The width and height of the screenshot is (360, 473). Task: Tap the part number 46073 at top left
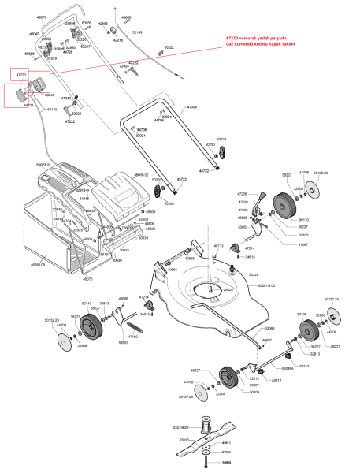coord(42,17)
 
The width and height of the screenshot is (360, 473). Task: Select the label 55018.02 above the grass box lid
coord(142,173)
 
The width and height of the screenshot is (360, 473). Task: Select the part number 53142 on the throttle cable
coord(52,109)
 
